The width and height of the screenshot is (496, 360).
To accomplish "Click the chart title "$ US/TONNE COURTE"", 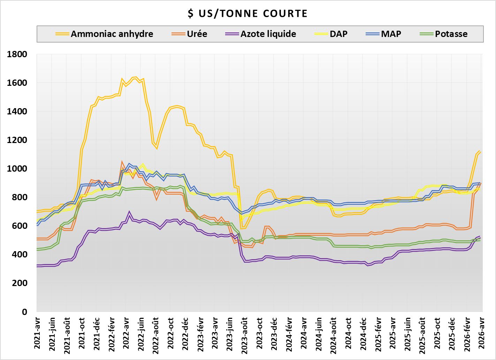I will pyautogui.click(x=248, y=14).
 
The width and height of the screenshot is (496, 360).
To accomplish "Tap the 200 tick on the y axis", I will pyautogui.click(x=22, y=283).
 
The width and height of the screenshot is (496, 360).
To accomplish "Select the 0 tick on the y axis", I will pyautogui.click(x=25, y=312).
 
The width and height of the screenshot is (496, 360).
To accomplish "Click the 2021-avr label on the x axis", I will pyautogui.click(x=37, y=333).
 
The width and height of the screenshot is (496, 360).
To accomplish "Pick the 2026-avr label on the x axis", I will pyautogui.click(x=481, y=333).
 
